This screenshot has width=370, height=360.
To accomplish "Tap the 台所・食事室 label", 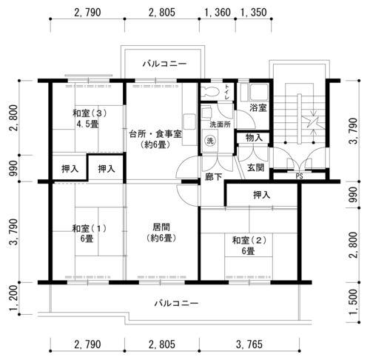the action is pyautogui.click(x=155, y=135).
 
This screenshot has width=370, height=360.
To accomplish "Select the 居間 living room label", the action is pyautogui.click(x=161, y=227).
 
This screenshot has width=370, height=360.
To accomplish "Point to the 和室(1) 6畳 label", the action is pyautogui.click(x=89, y=233).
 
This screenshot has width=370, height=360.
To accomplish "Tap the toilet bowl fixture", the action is pyautogui.click(x=210, y=92).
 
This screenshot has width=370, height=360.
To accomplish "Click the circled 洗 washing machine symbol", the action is pyautogui.click(x=210, y=141).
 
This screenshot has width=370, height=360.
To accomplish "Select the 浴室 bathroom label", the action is pyautogui.click(x=258, y=108).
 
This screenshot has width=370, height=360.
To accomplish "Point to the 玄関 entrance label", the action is pyautogui.click(x=255, y=168).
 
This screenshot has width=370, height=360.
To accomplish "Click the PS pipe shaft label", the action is pyautogui.click(x=299, y=176).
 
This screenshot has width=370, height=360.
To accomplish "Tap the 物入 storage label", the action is pyautogui.click(x=254, y=138).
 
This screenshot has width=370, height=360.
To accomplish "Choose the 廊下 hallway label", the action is pyautogui.click(x=214, y=176).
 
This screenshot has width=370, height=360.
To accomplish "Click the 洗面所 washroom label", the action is pyautogui.click(x=220, y=124).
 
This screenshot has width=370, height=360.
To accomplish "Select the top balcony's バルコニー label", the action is pyautogui.click(x=164, y=64).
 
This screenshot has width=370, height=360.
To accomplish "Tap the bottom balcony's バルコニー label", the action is pyautogui.click(x=176, y=303).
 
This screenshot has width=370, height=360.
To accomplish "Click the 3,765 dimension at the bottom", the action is pyautogui.click(x=249, y=344).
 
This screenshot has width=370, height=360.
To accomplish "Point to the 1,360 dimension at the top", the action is pyautogui.click(x=218, y=13).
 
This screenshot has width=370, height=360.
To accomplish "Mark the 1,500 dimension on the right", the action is pyautogui.click(x=353, y=301).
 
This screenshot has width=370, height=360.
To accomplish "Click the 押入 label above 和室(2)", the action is pyautogui.click(x=262, y=195).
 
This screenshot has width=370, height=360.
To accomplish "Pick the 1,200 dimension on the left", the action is pyautogui.click(x=15, y=298).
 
